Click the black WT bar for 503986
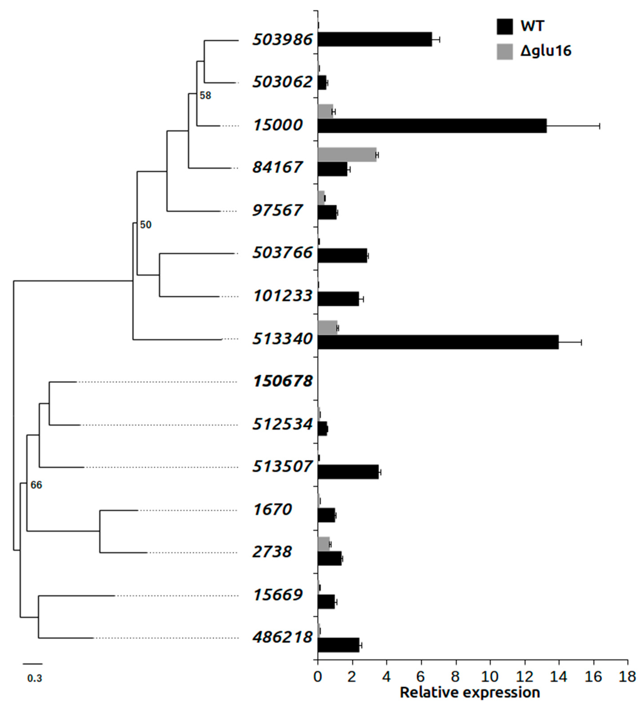[x=375, y=39]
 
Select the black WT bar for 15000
[x=432, y=126]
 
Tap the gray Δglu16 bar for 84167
[x=347, y=154]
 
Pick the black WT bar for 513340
[x=438, y=342]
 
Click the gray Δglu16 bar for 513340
[x=327, y=327]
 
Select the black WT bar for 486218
[x=338, y=645]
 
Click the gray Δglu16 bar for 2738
[x=324, y=544]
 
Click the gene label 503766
[x=282, y=252]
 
